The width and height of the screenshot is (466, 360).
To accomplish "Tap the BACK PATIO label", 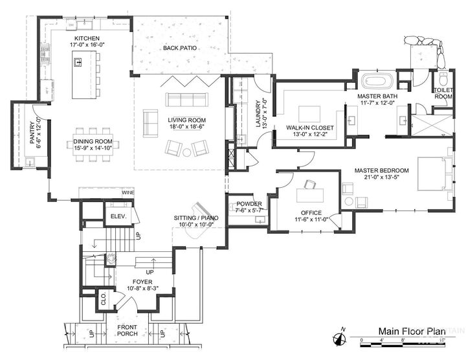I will point(180,49).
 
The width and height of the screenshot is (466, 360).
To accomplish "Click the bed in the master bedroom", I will point(432,173).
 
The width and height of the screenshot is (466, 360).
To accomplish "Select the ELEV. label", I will point(118,216).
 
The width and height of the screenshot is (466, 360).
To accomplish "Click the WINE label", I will point(128,193).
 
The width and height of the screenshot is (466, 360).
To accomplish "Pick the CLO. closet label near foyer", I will point(103,299).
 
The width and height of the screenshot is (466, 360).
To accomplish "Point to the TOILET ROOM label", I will point(443,93).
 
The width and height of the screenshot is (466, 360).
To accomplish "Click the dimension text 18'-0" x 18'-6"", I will point(186,128).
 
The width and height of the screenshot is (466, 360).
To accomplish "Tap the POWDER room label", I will point(249,204).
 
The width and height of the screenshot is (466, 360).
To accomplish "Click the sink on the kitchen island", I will point(78,62).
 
